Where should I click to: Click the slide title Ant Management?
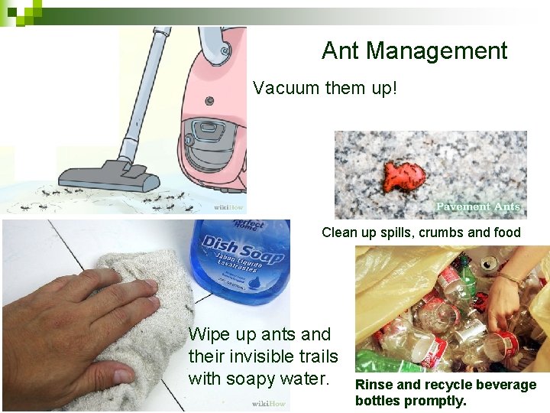pos(414,50)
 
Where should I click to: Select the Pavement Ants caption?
pos(477,206)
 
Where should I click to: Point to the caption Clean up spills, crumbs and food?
pos(421,233)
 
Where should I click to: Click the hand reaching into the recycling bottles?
pos(504,294)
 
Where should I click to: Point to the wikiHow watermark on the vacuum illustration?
pos(228,207)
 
